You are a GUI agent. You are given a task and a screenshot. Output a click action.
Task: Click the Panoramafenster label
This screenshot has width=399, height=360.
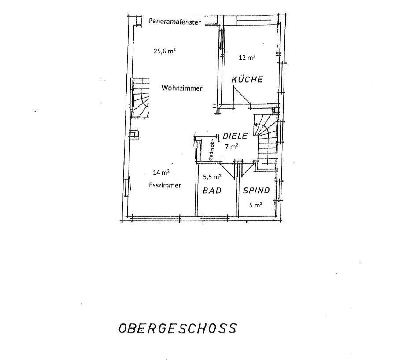point(175,22)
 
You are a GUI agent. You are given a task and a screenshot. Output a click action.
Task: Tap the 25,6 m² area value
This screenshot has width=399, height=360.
point(165,51)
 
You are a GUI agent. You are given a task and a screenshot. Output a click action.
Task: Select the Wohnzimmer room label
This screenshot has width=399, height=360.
point(182,88)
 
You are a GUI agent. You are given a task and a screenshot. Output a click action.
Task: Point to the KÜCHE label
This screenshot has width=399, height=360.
point(247,79)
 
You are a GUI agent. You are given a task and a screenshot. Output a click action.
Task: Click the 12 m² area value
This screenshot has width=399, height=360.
point(247,58)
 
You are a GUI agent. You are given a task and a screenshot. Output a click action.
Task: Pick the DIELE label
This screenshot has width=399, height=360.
point(235,136)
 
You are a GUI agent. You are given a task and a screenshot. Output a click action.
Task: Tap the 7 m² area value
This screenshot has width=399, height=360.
point(232,146)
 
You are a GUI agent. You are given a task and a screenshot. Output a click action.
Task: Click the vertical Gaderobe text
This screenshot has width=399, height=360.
point(211,149)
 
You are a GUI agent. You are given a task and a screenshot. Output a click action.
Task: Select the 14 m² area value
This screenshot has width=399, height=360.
point(161,173)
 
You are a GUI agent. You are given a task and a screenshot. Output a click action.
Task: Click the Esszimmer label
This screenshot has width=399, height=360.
point(165,185)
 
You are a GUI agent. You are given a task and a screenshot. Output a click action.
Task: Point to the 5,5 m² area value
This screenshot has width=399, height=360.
point(212,176)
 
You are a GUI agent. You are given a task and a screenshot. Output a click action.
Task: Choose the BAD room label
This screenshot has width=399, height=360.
point(212,191)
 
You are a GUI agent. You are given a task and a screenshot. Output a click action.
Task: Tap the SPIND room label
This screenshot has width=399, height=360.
point(256,191)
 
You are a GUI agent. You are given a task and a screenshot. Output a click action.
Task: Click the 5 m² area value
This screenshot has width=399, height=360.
point(256,205)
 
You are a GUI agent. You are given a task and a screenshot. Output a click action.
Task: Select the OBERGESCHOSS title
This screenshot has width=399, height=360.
point(178,328)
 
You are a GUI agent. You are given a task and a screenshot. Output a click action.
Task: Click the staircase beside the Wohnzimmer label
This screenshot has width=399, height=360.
point(140,98)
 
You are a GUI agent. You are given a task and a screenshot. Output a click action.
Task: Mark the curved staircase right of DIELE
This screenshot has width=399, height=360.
point(266,141)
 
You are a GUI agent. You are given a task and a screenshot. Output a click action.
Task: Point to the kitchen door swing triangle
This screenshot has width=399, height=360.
point(241,96)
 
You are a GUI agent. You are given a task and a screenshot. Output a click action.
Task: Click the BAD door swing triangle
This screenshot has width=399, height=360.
point(227,170)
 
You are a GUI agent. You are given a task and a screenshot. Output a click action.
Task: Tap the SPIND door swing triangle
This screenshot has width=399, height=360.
point(247,168)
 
